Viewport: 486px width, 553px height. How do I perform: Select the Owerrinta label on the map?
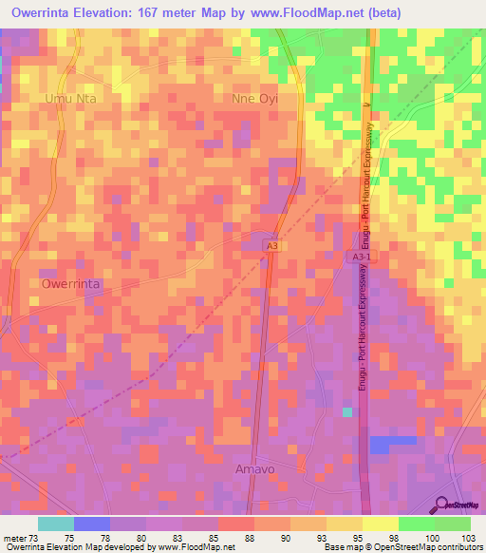(70, 283)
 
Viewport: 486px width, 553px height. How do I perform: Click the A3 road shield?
(272, 246)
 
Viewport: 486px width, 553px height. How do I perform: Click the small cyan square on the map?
(347, 411)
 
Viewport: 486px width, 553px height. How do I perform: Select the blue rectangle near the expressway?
(392, 444)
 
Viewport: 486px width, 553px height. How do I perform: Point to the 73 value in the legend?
(38, 539)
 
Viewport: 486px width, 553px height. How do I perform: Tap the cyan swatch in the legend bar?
(56, 524)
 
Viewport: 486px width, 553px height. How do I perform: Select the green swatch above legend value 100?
(416, 524)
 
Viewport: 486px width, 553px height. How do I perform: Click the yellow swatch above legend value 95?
(344, 524)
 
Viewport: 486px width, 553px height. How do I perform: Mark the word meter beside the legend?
(14, 539)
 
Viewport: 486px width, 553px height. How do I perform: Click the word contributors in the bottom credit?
(458, 548)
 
